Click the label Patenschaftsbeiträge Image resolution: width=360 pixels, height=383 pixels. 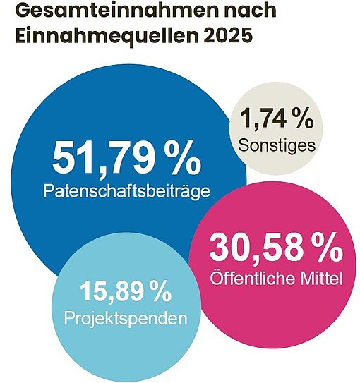click(x=127, y=191)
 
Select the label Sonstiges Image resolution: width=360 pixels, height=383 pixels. click(x=277, y=146)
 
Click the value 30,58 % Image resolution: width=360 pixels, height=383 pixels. click(x=276, y=247)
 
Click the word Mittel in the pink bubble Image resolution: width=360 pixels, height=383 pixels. click(x=321, y=279)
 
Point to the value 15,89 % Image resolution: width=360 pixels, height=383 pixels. click(x=125, y=291)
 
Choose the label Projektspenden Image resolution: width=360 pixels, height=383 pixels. click(x=126, y=319)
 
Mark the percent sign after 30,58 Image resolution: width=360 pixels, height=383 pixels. click(x=327, y=247)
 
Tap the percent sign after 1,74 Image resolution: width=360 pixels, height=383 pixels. click(x=304, y=119)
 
